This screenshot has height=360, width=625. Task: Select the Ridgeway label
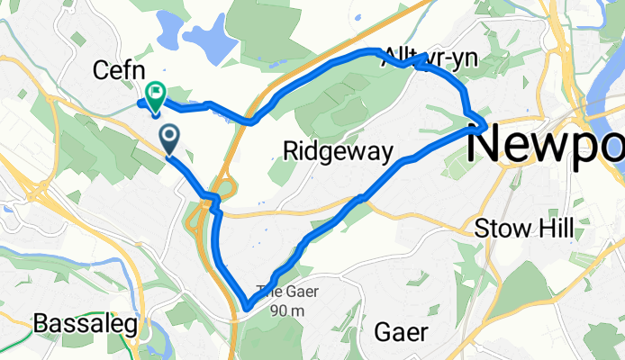338,151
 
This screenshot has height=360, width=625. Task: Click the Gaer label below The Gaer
403,330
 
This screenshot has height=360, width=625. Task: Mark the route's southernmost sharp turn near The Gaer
247,309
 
